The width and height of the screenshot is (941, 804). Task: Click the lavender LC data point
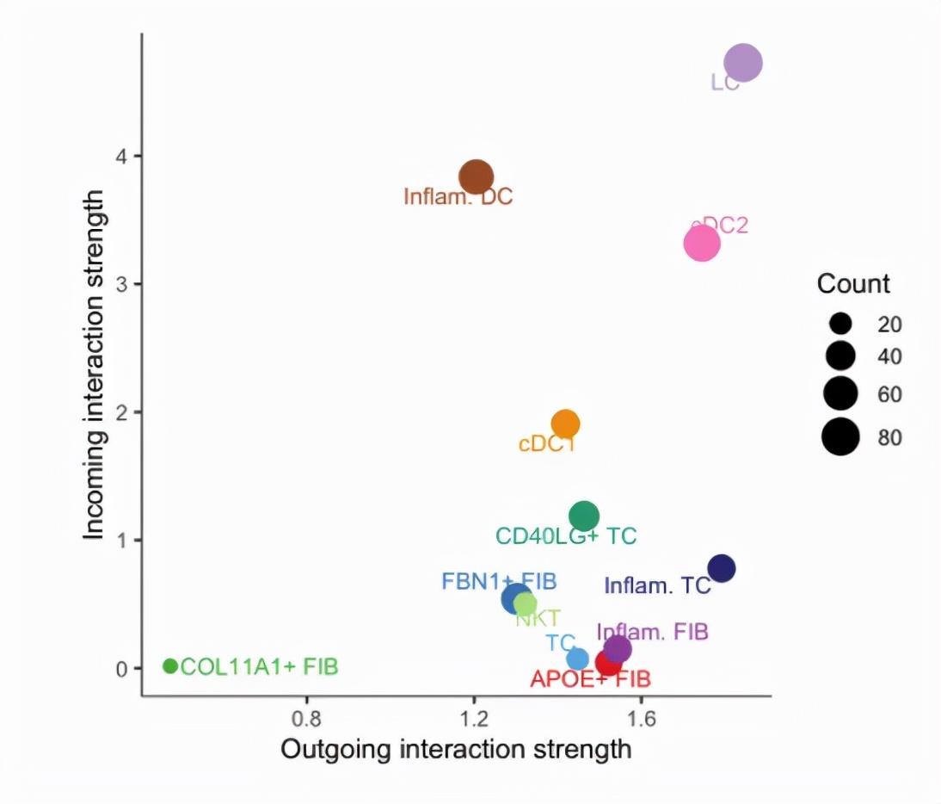click(x=743, y=63)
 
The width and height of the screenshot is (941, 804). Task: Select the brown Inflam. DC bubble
click(x=476, y=176)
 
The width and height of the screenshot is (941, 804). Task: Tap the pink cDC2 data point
click(x=702, y=244)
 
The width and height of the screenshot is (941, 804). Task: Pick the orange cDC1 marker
click(x=565, y=424)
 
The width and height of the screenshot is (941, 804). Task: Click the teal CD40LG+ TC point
click(x=585, y=516)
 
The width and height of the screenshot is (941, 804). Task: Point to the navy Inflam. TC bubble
click(x=722, y=568)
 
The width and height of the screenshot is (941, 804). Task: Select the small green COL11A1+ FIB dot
click(x=170, y=665)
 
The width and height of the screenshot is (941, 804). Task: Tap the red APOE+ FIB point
click(x=608, y=665)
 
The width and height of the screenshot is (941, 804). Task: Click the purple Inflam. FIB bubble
click(x=618, y=649)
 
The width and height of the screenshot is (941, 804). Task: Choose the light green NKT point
click(x=526, y=604)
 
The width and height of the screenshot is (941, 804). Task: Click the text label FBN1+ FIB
click(x=499, y=580)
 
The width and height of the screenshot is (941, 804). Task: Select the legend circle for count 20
click(x=840, y=325)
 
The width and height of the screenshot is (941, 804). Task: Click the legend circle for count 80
click(x=840, y=437)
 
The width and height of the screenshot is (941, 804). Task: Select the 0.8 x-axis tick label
click(x=307, y=717)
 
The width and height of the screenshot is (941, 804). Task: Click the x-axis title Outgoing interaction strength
click(x=456, y=749)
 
